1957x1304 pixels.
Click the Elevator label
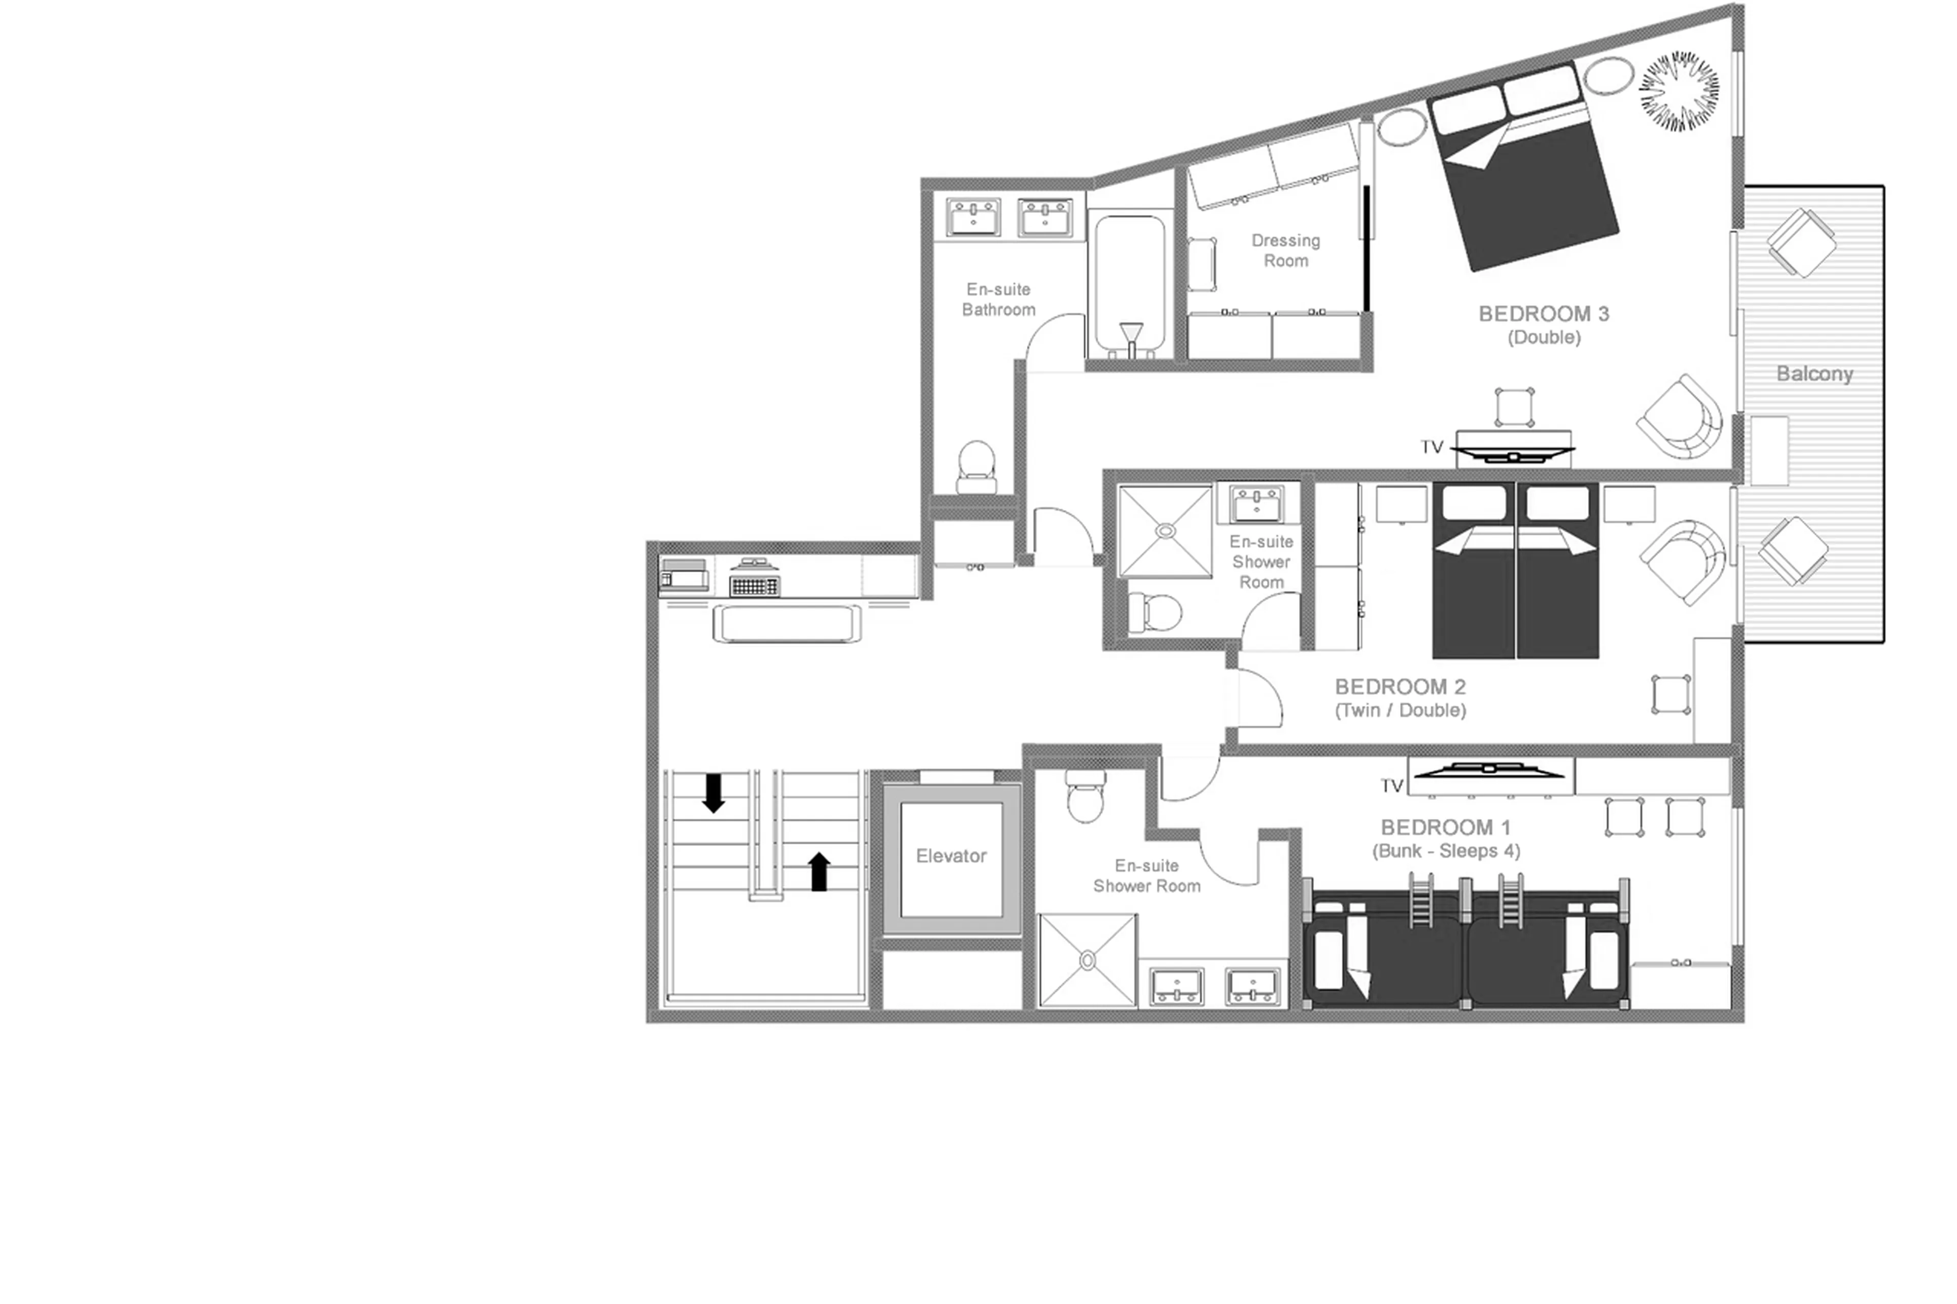tap(950, 856)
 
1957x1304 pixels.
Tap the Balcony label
tap(1814, 374)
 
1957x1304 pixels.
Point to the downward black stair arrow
tap(713, 792)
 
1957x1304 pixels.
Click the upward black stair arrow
tap(819, 871)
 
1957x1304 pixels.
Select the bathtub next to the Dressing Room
tap(1129, 283)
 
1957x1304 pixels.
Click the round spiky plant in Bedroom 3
tap(1678, 92)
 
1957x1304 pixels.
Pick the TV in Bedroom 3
tap(1514, 453)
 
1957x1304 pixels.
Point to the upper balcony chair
tap(1801, 242)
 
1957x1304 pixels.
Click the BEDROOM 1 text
tap(1445, 828)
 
